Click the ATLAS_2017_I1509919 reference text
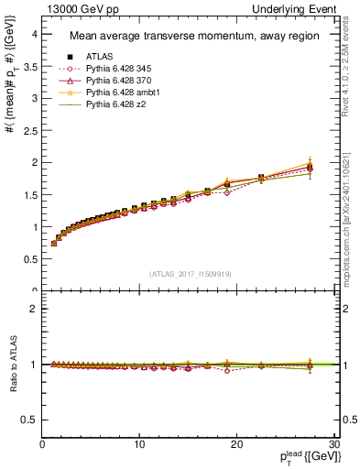pos(190,274)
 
